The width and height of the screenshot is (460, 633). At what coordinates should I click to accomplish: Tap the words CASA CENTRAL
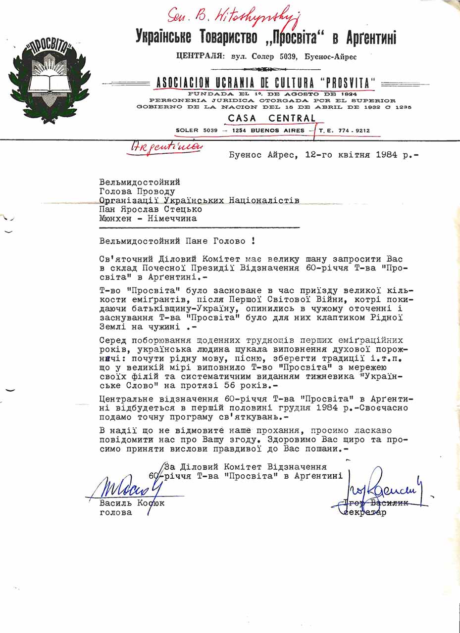272,119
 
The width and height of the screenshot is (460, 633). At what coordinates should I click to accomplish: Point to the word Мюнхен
117,218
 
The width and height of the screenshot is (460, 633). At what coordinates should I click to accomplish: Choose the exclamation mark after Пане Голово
254,241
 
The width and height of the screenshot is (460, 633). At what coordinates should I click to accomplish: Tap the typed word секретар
365,512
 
